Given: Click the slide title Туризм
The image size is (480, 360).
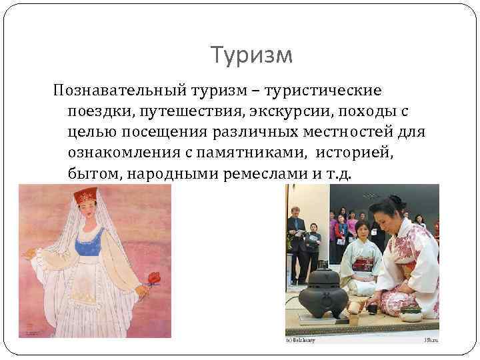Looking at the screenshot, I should (x=251, y=55).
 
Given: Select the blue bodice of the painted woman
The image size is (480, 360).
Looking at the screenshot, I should (x=89, y=244).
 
